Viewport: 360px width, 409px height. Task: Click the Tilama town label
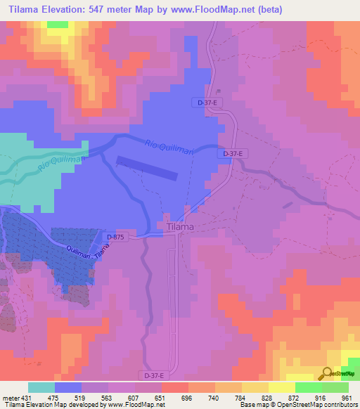(x=181, y=227)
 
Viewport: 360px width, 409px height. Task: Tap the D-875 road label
(x=115, y=238)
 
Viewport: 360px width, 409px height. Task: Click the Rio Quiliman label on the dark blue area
(x=169, y=148)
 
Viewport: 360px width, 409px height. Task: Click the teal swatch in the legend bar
(x=41, y=388)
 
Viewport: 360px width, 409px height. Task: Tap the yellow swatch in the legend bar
(x=282, y=388)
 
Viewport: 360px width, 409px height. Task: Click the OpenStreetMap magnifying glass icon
(x=327, y=373)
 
